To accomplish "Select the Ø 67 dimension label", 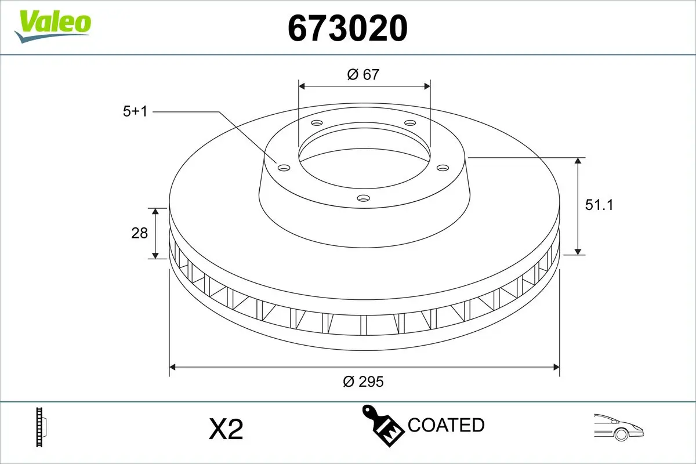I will [x=363, y=74].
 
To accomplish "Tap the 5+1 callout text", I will [x=135, y=111].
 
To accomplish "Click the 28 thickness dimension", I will [x=140, y=233].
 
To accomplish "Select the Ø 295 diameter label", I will [x=364, y=381].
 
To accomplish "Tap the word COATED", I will [x=446, y=425].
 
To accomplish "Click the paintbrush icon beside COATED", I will [x=383, y=425].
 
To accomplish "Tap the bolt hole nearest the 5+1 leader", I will [x=284, y=168].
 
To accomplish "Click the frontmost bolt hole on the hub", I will [x=364, y=198].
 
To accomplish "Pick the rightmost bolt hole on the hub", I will [x=443, y=168].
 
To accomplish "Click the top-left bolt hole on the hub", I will [x=316, y=123].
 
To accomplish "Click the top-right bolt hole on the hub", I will [x=410, y=123].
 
